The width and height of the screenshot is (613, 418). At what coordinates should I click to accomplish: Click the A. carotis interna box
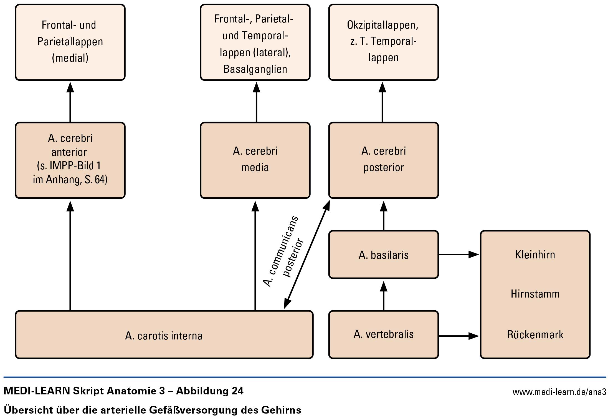164,334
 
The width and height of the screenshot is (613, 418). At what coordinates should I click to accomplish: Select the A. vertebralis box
384,334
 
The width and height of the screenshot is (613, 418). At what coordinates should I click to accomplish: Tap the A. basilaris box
384,255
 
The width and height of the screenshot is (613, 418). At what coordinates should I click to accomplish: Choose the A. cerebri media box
255,160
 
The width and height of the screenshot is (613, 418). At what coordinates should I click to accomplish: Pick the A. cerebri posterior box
384,160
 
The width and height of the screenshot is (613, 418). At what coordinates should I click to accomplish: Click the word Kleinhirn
535,255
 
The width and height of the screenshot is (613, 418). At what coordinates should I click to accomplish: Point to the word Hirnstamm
535,294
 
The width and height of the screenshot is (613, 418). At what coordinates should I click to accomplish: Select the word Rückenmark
535,334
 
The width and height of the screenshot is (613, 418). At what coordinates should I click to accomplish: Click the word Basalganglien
255,69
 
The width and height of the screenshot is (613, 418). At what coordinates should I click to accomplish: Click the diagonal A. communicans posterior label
283,251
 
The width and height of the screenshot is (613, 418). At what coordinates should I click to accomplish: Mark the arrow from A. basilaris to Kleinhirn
459,254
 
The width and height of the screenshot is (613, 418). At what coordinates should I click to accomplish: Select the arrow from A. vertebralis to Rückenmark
459,336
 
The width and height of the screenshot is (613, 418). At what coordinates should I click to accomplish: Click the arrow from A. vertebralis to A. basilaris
384,296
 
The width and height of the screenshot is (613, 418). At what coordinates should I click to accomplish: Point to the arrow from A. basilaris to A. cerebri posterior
384,216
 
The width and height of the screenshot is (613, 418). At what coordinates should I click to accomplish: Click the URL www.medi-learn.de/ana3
559,392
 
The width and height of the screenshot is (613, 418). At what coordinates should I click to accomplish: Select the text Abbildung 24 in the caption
210,391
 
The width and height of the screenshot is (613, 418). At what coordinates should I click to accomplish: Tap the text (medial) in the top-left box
70,58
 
